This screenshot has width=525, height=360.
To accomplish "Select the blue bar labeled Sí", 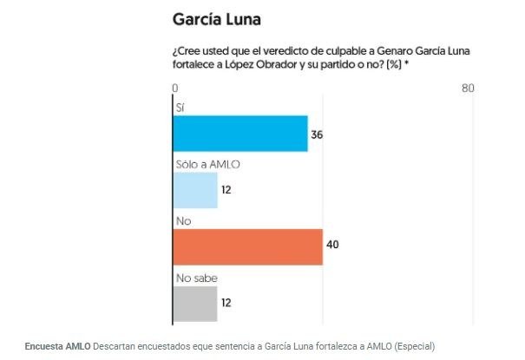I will point(240,134).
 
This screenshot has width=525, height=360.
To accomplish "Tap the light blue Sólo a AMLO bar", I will point(195,190).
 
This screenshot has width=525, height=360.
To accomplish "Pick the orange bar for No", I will point(247,246).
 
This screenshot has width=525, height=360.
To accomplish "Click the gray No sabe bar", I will point(195,304).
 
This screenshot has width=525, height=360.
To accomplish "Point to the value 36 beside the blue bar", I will point(317,134).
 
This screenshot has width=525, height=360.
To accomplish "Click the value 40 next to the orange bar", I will point(331,246).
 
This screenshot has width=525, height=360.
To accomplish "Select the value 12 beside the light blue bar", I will point(226,191).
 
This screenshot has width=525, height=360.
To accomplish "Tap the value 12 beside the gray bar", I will point(226,304).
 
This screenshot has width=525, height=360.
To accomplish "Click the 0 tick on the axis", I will point(175,88).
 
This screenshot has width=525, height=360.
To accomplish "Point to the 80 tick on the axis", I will point(468,88).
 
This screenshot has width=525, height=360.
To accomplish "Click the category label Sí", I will point(180,108).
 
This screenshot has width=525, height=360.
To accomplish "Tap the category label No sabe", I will point(196,278).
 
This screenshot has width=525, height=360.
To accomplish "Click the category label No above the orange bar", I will point(183,221).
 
